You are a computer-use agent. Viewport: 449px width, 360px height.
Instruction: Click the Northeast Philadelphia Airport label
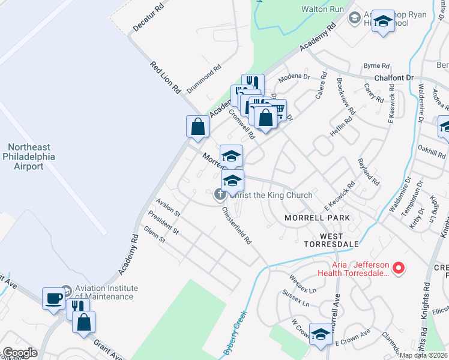(34, 156)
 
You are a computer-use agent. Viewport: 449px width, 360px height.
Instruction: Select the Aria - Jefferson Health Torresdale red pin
(398, 267)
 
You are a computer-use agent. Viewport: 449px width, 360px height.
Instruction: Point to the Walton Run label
(322, 9)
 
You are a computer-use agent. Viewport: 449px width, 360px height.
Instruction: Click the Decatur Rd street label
(148, 19)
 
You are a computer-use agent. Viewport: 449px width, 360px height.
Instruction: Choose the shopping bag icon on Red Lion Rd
(197, 127)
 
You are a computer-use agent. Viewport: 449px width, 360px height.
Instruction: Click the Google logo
(20, 353)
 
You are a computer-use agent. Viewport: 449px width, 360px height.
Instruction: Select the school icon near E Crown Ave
(321, 334)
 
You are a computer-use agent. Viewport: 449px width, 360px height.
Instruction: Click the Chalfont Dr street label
(394, 78)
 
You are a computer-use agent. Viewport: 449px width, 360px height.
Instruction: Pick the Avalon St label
(168, 208)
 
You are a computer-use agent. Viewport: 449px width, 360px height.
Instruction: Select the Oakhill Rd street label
(432, 147)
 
